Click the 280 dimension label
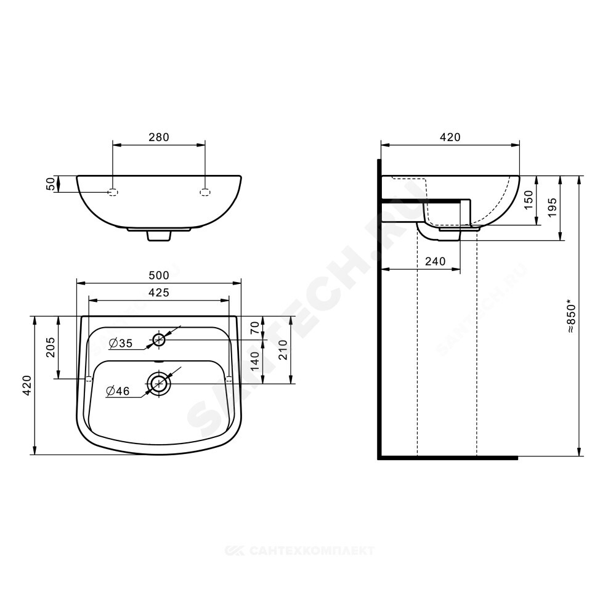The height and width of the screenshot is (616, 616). coord(159,137)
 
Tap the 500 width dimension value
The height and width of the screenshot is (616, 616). coord(159,275)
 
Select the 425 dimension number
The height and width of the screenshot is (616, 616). coord(159,293)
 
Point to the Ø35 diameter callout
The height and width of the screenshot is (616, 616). coord(121,343)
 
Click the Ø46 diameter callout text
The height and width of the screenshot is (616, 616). coord(118,391)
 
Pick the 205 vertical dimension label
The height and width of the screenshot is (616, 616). coord(51,347)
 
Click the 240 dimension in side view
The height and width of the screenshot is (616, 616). coord(436,261)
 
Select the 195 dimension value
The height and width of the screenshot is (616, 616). coord(553,208)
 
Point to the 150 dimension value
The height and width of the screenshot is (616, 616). coord(529,200)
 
